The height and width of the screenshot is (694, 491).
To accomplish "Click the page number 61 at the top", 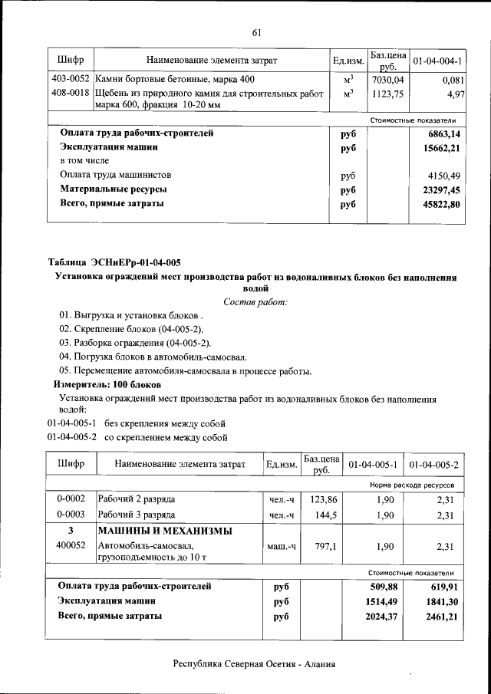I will (256, 31).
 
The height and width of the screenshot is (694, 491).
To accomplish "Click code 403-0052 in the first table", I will (70, 79).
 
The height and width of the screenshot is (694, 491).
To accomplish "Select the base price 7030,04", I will (387, 79).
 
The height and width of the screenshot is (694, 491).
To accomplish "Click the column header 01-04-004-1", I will (437, 60).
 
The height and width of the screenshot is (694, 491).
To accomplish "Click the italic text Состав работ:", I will (255, 302).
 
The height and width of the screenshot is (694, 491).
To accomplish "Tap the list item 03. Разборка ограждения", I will (136, 343).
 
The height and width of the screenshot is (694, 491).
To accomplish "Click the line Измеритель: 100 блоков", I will (107, 383).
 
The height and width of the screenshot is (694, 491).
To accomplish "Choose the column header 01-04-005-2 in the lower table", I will (433, 465).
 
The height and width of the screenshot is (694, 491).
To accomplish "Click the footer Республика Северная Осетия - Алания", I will (255, 664).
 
